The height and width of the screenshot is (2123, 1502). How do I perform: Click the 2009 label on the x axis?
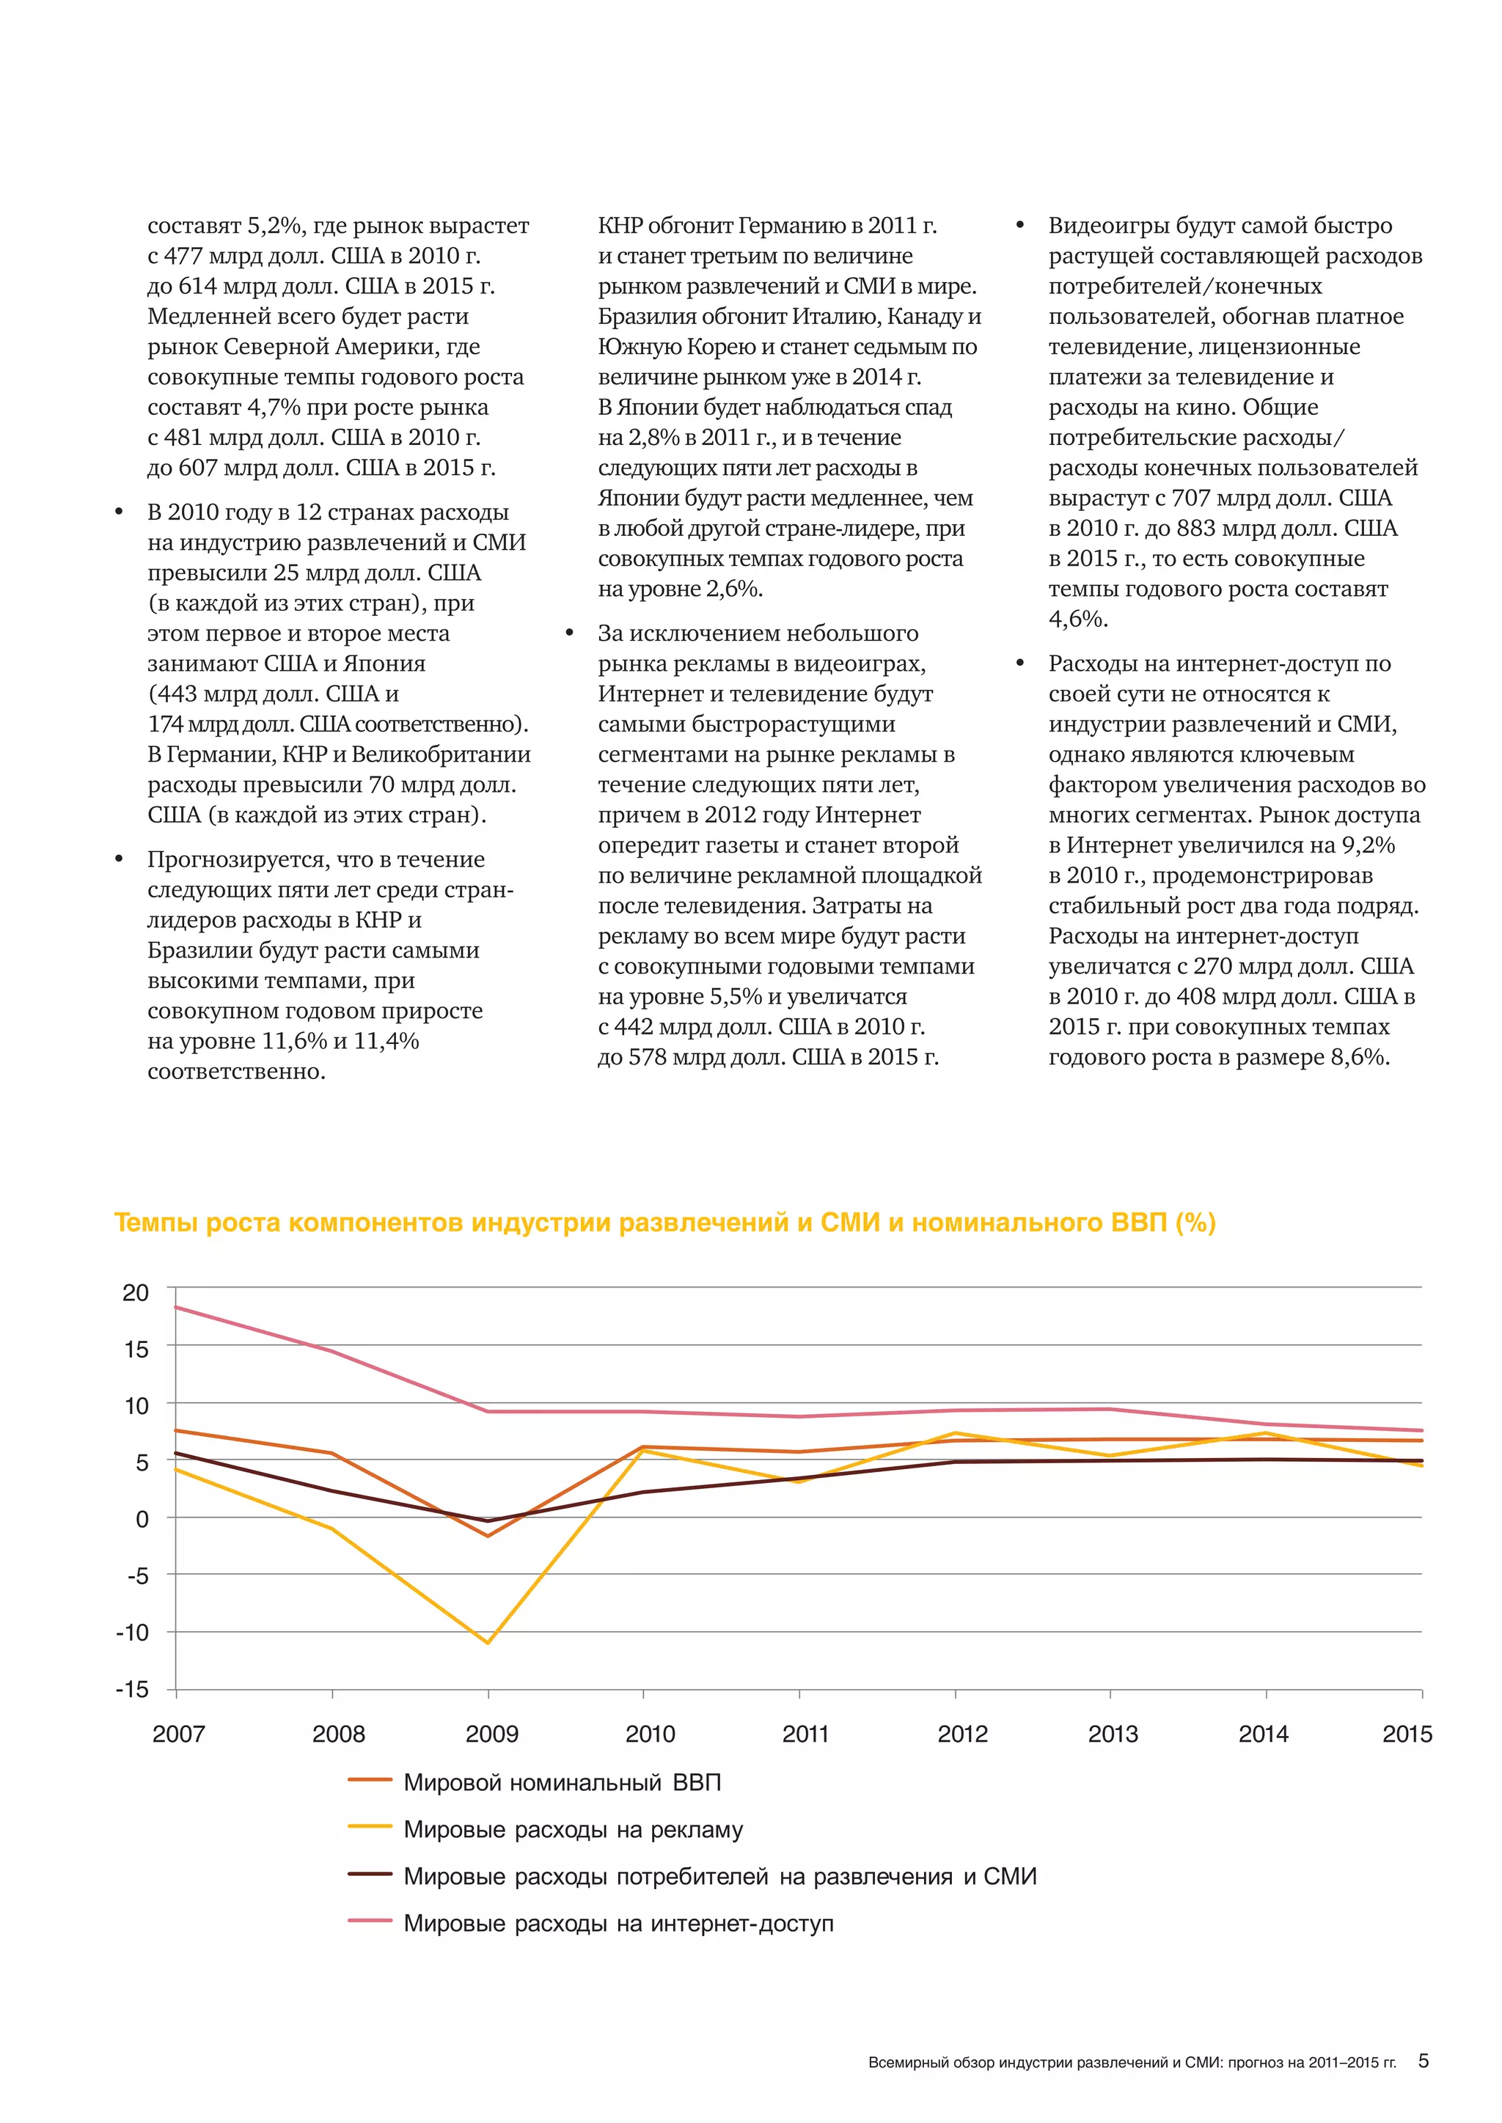tap(491, 1734)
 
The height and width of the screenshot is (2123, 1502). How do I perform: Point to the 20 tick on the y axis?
tap(136, 1292)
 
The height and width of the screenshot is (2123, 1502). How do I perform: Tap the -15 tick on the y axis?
tap(132, 1689)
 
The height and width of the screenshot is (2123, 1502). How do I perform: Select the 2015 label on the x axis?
tap(1406, 1734)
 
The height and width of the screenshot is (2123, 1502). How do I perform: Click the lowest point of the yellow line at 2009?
tap(488, 1642)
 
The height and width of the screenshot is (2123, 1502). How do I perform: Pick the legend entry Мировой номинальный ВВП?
tap(561, 1782)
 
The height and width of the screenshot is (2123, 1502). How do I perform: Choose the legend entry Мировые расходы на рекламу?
tap(573, 1829)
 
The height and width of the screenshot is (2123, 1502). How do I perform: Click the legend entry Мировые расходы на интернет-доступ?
tap(618, 1924)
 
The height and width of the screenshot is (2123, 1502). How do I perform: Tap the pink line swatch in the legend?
tap(370, 1921)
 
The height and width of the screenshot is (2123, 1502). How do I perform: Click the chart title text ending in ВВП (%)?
tap(664, 1222)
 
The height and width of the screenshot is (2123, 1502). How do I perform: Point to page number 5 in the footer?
tap(1424, 2061)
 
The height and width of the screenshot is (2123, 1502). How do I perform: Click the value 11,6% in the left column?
tap(294, 1041)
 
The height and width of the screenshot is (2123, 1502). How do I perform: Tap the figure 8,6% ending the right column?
tap(1359, 1057)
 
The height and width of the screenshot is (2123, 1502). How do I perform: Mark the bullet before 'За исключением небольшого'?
tap(570, 633)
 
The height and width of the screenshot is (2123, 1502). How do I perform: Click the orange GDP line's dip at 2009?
tap(488, 1536)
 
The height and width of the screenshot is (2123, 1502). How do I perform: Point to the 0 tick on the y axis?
tap(142, 1518)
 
